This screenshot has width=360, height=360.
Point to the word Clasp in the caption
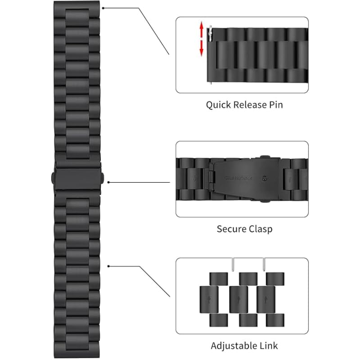(260, 229)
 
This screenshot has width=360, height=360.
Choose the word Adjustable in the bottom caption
(234, 346)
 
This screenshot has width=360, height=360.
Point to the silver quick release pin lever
(210, 31)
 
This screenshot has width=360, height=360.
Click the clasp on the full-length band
(78, 172)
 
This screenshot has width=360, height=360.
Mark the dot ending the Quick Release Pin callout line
(104, 8)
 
